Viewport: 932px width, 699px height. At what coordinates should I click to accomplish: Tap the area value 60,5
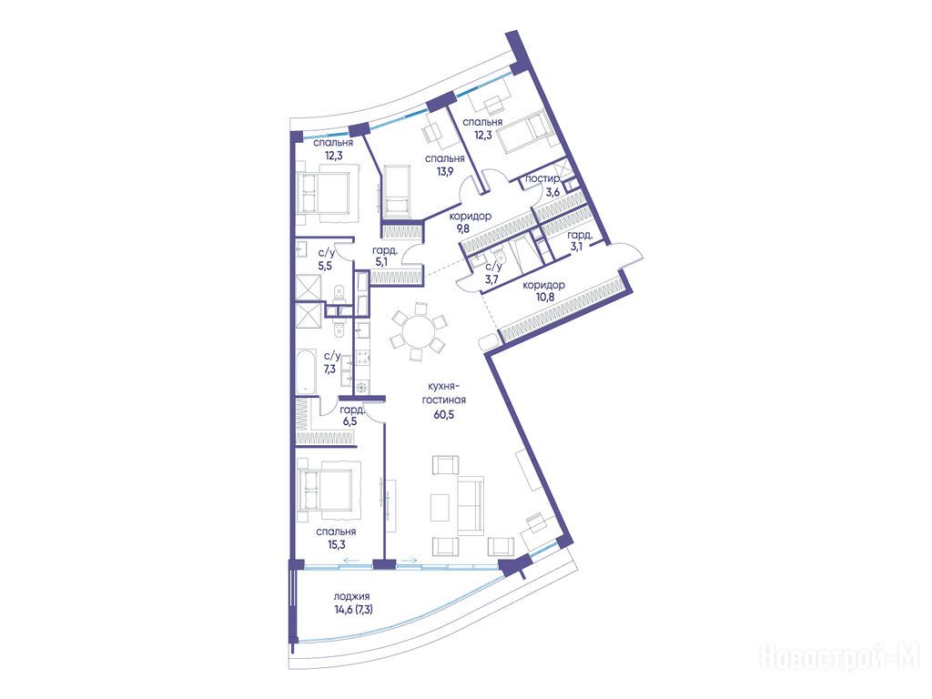coord(443,415)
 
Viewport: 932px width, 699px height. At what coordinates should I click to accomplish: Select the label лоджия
coord(352,596)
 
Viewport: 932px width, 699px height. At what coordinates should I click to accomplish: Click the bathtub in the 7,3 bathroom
coord(306,371)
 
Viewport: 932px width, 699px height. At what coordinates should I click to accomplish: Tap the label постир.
coord(542,179)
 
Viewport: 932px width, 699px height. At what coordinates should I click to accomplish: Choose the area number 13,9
coord(444,171)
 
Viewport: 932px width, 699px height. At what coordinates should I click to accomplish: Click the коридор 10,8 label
coord(543,290)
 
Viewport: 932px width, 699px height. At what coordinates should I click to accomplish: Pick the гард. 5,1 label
coord(385,256)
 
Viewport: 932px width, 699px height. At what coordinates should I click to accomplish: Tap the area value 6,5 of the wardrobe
coord(348,421)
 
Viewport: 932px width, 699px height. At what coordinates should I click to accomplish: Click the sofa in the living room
coord(471,506)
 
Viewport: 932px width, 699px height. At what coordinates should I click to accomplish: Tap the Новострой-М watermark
coord(840,659)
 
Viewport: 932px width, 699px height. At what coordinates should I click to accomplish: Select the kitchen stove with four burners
coord(362,358)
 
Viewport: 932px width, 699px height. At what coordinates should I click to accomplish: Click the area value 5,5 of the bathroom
coord(325,266)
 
